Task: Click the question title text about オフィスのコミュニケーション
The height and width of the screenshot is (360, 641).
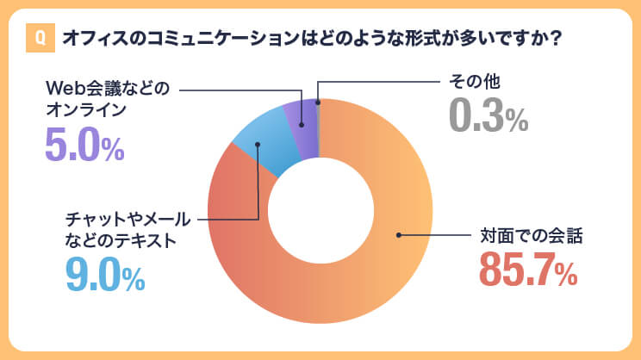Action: coord(310,39)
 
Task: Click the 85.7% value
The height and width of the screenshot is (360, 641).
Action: coord(526,270)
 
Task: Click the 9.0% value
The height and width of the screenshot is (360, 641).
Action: coord(105,274)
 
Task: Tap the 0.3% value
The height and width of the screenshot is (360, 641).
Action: coord(488,116)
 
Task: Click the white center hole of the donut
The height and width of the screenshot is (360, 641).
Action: coord(319,212)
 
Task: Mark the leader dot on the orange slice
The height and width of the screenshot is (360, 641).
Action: coord(398,235)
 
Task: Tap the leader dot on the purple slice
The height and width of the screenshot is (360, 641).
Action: coord(302,122)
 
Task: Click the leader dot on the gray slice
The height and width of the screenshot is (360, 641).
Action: coord(318,102)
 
